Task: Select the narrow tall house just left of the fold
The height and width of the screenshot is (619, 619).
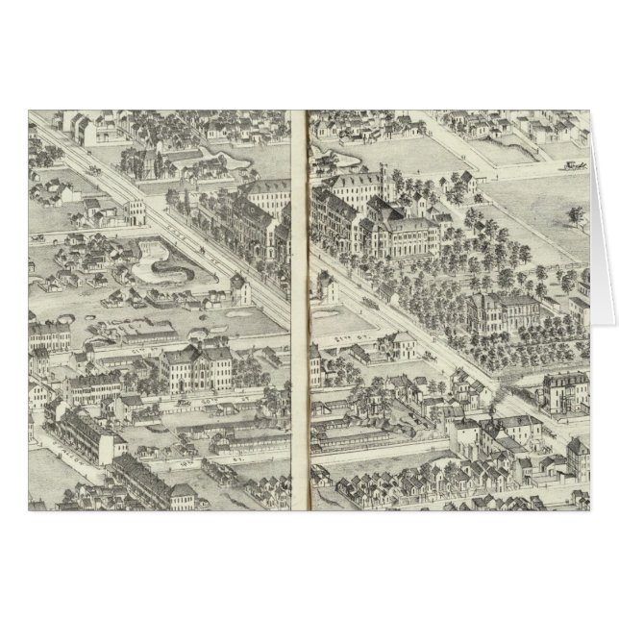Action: [241, 286]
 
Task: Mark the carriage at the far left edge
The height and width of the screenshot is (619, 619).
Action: [38, 234]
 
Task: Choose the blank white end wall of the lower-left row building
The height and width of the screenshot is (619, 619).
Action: [116, 448]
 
